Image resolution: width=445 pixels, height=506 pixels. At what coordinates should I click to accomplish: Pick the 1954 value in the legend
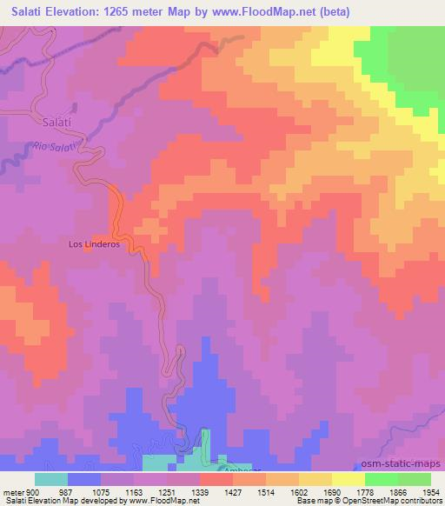[x=431, y=491]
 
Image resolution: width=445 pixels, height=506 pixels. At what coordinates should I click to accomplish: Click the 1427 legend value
[x=233, y=491]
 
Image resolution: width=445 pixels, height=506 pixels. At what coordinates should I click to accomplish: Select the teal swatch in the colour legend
[x=51, y=479]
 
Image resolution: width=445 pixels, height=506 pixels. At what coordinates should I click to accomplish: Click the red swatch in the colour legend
[x=216, y=479]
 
